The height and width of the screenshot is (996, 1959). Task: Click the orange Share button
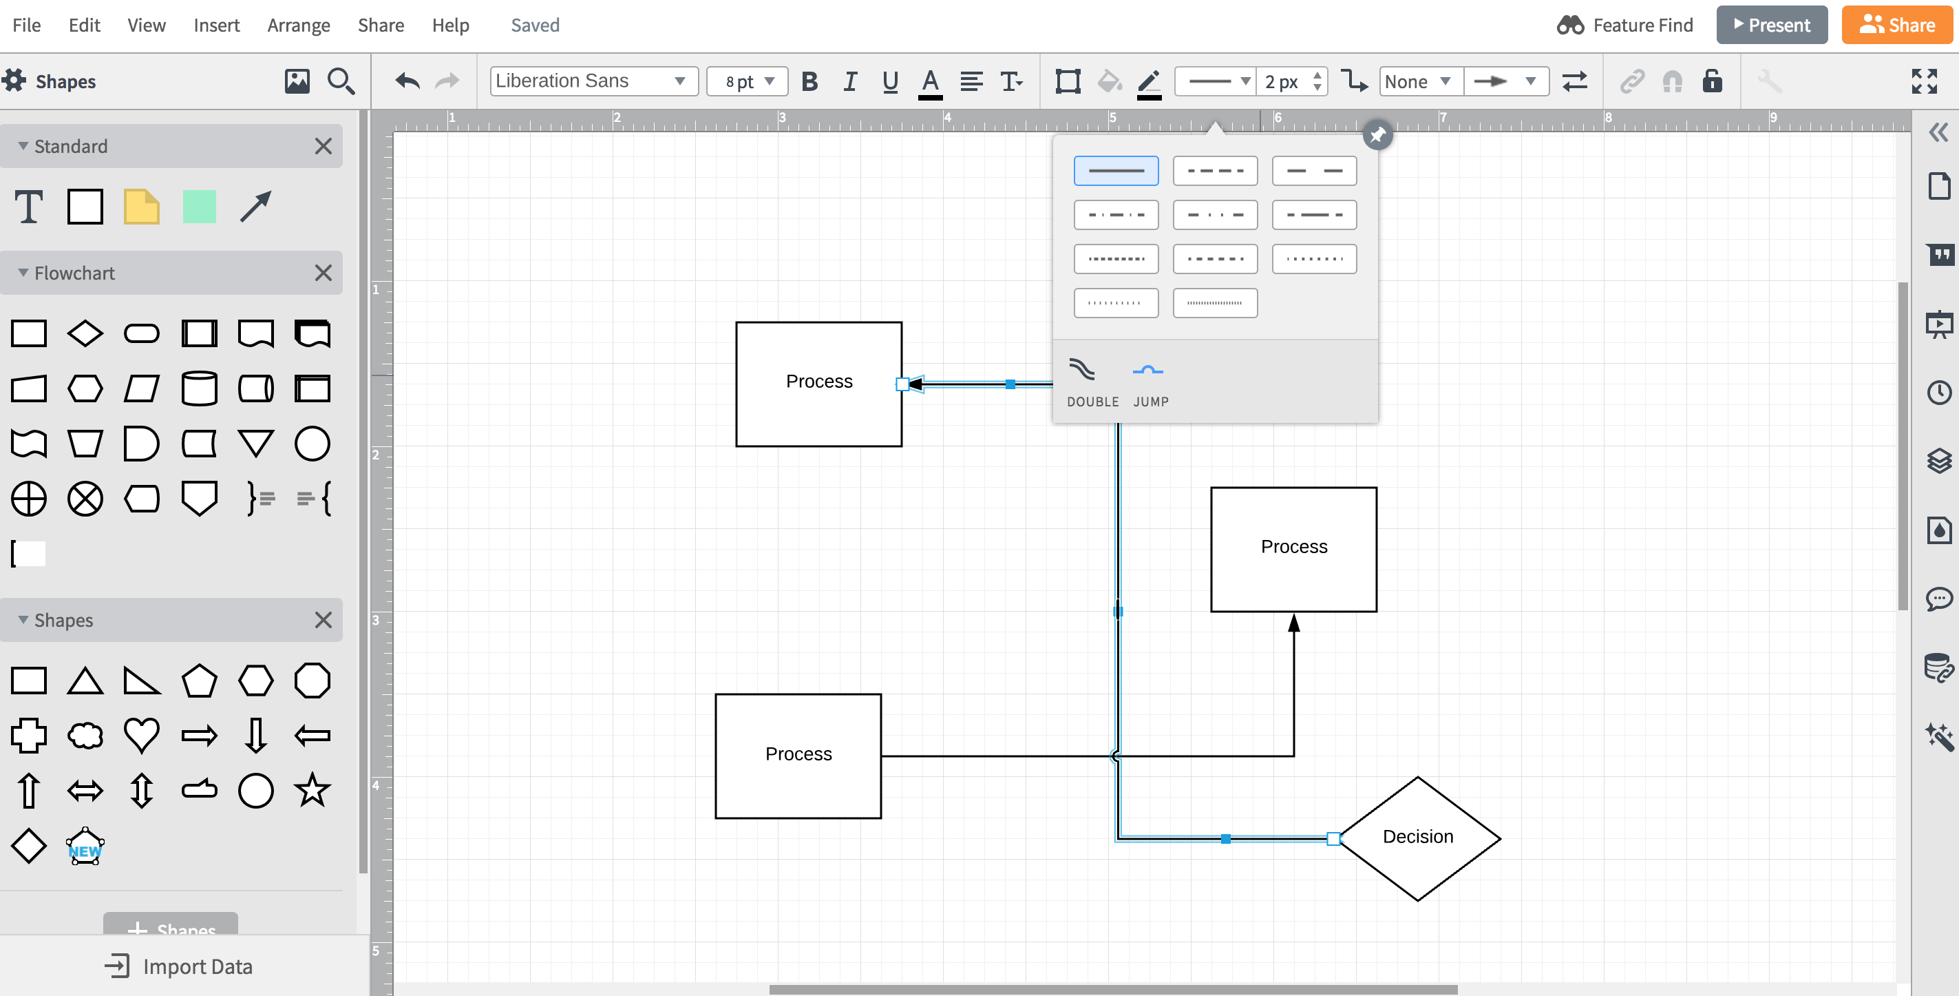click(x=1896, y=25)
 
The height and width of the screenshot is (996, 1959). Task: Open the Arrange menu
click(x=298, y=25)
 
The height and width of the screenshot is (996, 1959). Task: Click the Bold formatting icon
click(x=809, y=81)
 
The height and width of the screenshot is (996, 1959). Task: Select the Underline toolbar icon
click(x=890, y=81)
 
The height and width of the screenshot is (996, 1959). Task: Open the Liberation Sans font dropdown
click(x=593, y=81)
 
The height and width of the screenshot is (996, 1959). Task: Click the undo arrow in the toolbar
click(x=407, y=81)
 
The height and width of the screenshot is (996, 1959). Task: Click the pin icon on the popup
click(x=1377, y=136)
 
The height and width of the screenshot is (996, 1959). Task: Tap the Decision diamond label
click(x=1417, y=836)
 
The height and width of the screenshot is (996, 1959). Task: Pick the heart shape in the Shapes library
click(x=141, y=735)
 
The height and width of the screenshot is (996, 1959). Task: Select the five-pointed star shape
click(x=312, y=790)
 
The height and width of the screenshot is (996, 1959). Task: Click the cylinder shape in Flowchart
click(x=199, y=388)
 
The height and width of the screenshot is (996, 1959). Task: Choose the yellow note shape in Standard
click(x=141, y=207)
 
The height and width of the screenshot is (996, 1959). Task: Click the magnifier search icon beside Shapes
click(x=340, y=81)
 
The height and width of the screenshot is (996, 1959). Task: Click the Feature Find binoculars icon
click(x=1569, y=25)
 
